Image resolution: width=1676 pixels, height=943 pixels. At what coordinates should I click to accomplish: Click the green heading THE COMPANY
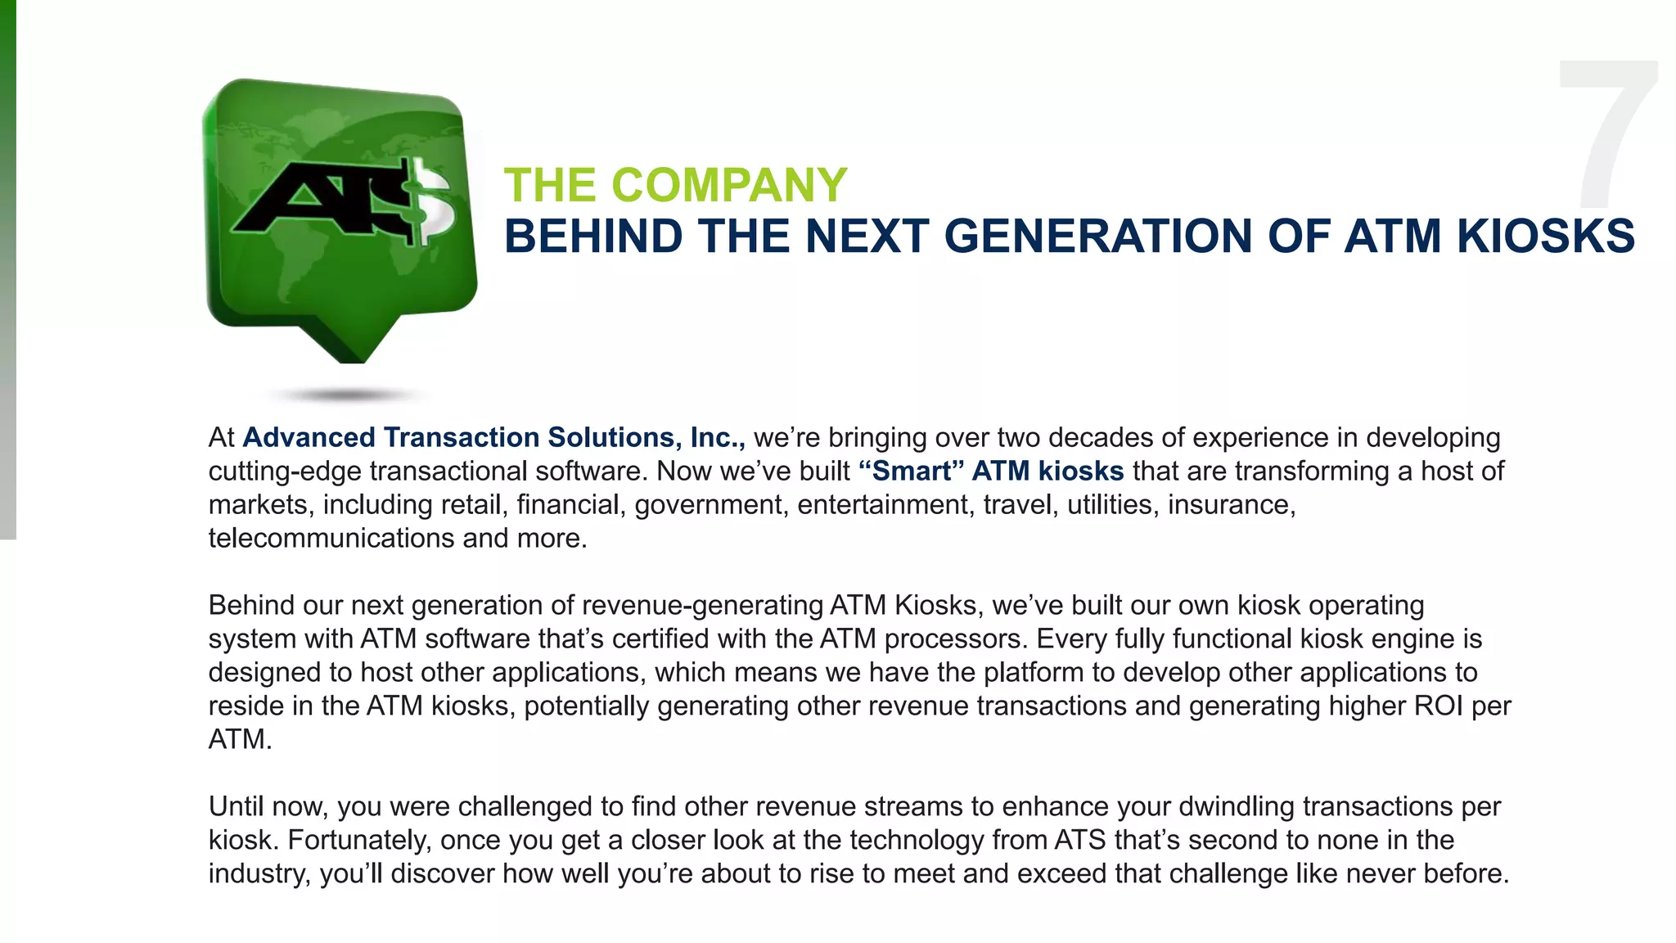(675, 185)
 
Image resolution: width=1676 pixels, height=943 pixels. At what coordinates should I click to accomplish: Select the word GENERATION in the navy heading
(1097, 237)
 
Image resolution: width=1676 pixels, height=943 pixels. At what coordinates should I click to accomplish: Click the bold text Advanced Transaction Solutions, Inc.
(493, 438)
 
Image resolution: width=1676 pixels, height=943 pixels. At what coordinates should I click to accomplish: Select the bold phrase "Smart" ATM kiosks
(991, 471)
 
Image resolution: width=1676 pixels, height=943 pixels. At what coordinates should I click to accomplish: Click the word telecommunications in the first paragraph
(331, 539)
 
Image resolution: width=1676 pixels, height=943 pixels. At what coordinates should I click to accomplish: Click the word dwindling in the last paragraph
(1236, 807)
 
